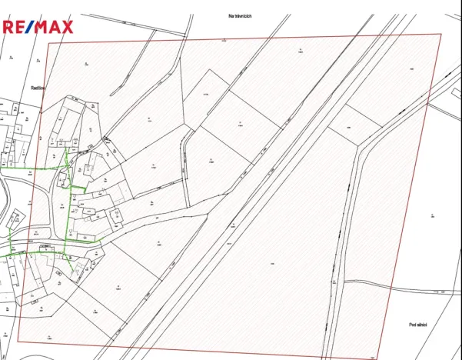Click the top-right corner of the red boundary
tap(441, 34)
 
